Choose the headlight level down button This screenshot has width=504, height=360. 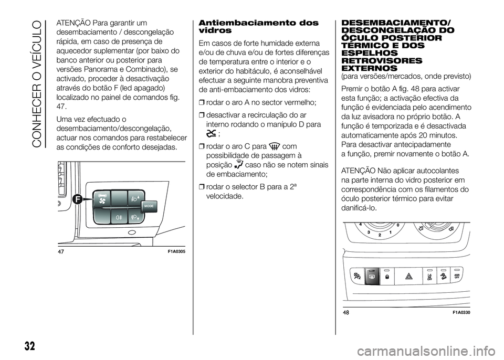135,216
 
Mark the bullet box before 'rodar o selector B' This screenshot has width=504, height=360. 202,187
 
